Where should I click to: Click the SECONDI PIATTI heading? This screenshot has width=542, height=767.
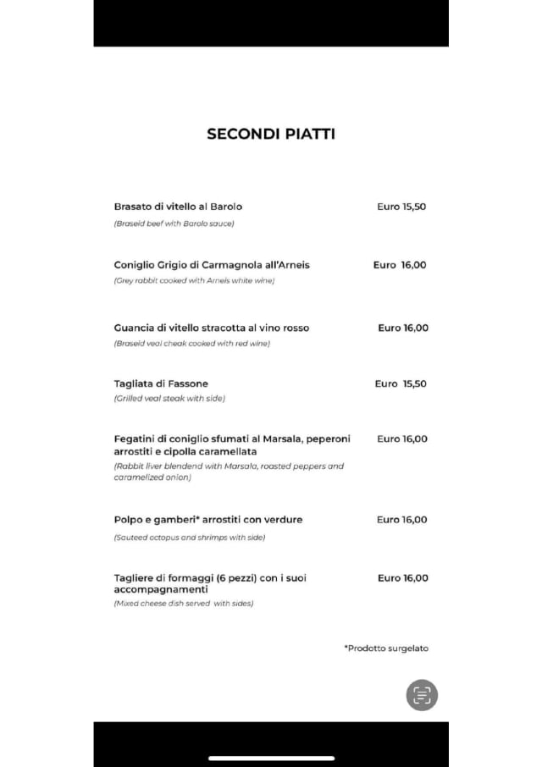(271, 134)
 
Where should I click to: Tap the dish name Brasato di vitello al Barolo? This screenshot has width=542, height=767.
(178, 207)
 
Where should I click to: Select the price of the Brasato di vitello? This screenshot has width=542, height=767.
(401, 207)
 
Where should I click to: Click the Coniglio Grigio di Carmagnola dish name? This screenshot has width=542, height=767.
(212, 265)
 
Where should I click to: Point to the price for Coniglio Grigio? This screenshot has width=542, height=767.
(400, 265)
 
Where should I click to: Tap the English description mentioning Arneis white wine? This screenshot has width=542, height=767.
(194, 280)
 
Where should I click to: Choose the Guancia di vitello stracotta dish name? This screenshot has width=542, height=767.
(212, 328)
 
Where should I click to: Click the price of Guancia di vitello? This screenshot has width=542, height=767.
(403, 328)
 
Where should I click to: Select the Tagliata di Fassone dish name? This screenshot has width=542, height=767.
(161, 383)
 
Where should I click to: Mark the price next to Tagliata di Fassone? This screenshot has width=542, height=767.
(401, 383)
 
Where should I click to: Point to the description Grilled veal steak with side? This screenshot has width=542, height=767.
(169, 398)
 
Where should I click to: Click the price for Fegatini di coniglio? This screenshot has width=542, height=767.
(402, 439)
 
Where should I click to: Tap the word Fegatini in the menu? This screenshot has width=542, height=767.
(134, 439)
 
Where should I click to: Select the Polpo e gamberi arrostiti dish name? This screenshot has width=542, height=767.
(208, 520)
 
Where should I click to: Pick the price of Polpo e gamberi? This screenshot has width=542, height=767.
(402, 520)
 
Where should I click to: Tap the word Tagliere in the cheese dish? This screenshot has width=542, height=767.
(134, 578)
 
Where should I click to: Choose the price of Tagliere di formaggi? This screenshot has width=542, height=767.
(403, 578)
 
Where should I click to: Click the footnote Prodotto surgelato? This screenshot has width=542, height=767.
(386, 648)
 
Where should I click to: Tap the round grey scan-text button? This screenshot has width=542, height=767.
(422, 695)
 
